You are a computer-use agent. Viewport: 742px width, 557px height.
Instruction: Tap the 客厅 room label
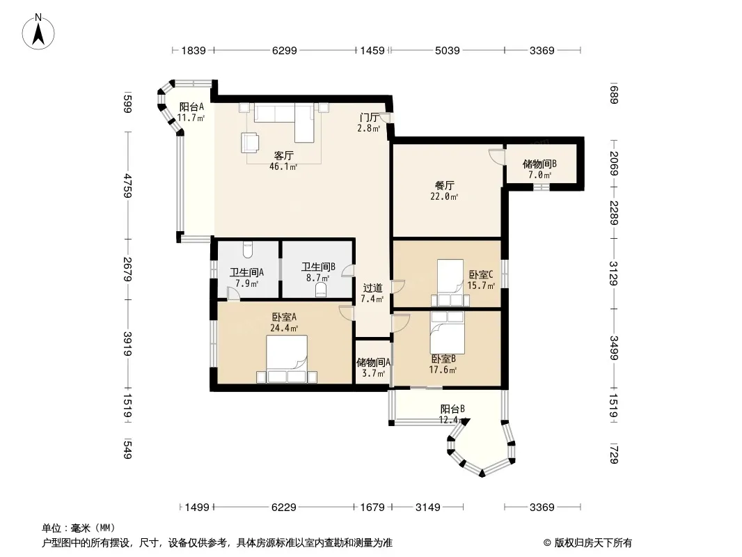click(283, 155)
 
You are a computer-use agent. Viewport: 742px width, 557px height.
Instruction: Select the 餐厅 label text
click(445, 185)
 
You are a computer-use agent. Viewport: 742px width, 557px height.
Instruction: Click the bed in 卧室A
click(287, 359)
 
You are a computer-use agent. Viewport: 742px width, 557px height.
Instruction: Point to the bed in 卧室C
click(450, 283)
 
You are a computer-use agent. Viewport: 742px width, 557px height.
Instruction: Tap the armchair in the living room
click(250, 142)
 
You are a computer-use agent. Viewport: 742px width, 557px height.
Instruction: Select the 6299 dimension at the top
click(284, 50)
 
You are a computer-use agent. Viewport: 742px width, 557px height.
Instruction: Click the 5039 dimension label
click(447, 50)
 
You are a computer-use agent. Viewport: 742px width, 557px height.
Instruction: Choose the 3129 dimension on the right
click(613, 274)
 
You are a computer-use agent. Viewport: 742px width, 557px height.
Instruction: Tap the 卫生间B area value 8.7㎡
click(319, 278)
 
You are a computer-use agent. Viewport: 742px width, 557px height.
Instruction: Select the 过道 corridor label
click(372, 288)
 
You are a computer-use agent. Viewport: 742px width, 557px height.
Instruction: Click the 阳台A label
click(191, 107)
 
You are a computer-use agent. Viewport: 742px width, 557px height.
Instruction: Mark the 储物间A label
click(373, 362)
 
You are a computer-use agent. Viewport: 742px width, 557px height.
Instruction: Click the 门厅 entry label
click(369, 118)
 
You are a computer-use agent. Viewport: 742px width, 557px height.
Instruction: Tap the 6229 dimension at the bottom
click(284, 508)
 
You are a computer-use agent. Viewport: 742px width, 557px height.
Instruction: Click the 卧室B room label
click(443, 359)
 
